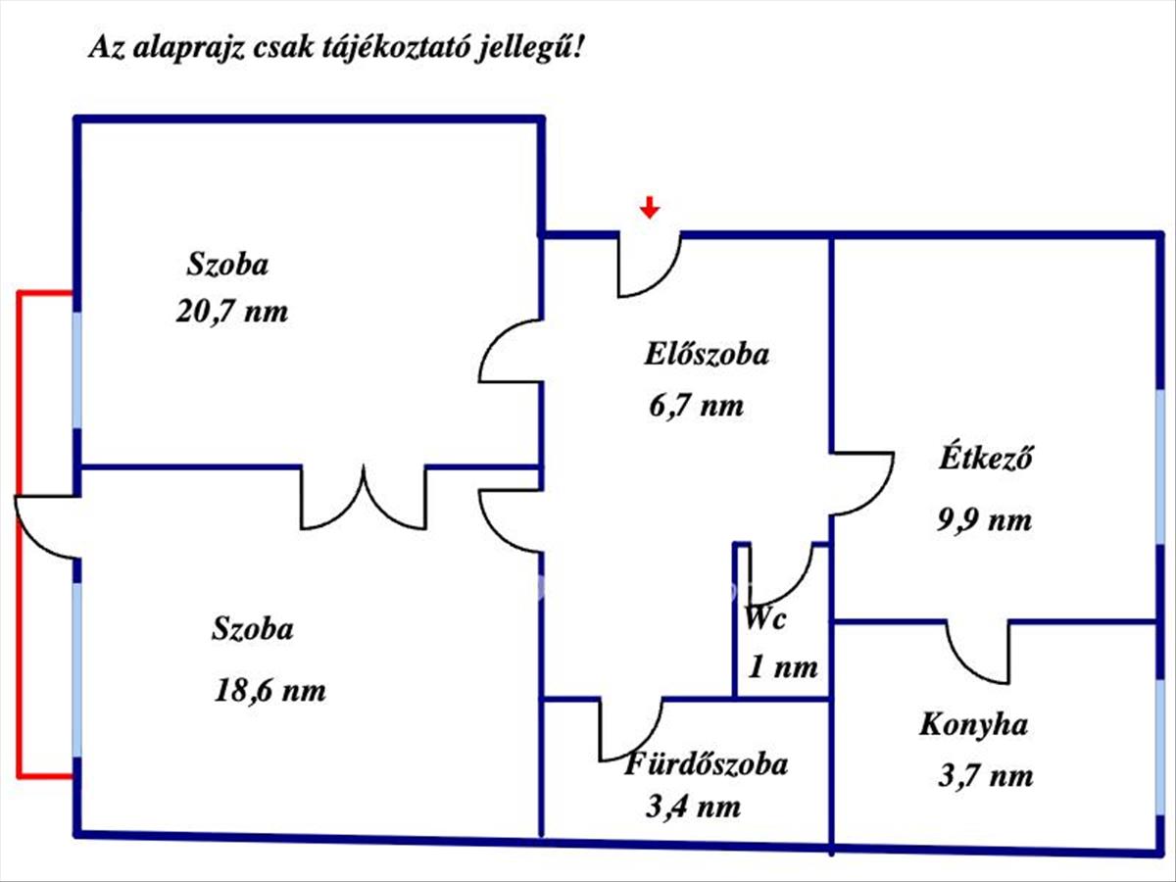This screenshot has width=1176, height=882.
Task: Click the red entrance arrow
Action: coord(649,207)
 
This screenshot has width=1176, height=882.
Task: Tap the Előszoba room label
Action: coord(706,354)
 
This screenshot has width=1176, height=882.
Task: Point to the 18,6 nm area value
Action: coord(269,690)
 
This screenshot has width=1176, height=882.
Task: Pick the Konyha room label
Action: coord(973,725)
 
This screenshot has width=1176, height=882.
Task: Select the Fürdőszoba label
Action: coord(706,763)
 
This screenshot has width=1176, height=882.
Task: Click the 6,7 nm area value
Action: coord(696,405)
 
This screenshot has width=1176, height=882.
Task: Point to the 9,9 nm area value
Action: coord(985,519)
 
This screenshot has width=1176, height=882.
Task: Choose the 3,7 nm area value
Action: coord(986,777)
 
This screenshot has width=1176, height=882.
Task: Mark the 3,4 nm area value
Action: coord(693,808)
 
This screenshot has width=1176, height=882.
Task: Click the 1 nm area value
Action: coord(783,668)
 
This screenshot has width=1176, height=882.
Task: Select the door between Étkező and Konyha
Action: coord(978,652)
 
